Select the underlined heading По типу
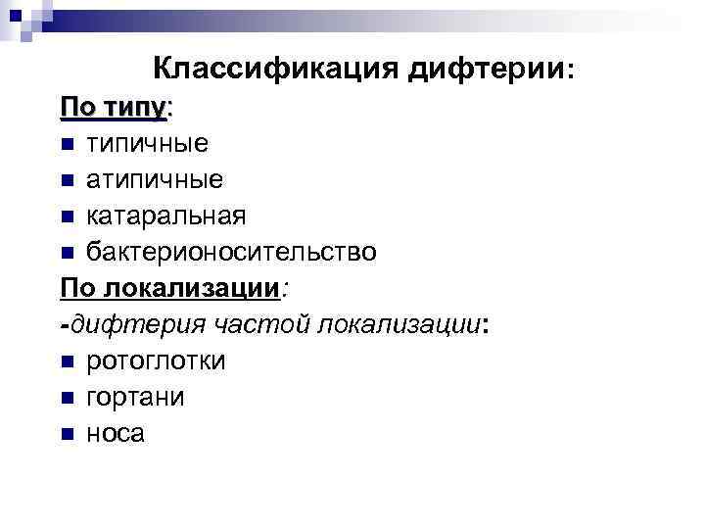coord(114,107)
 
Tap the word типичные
coord(147,143)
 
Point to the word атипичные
coord(155,179)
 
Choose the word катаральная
coord(166,216)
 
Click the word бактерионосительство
coord(231,252)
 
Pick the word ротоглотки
coord(156,361)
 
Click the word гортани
coord(135,397)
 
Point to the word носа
coord(116,433)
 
